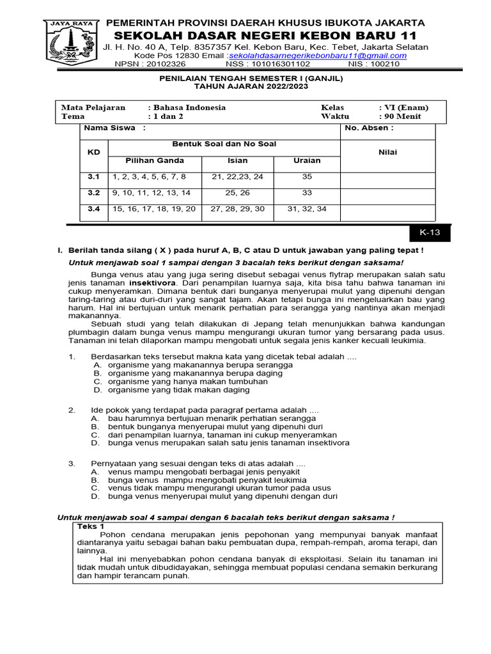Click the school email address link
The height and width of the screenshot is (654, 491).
pos(318,56)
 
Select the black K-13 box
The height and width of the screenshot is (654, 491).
pos(429,234)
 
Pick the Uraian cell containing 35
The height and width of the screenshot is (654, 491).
pos(307,177)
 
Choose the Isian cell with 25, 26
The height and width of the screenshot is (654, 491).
pos(237,192)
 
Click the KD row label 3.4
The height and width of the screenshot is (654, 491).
pos(94,209)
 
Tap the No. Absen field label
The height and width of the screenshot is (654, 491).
pos(369,128)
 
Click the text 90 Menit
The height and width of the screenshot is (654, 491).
pos(401,117)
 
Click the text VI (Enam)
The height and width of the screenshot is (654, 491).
pos(404,107)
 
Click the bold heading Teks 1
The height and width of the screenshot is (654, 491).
pos(91,526)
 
